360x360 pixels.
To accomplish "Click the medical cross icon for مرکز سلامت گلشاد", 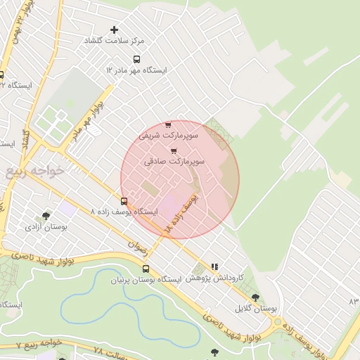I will pyautogui.click(x=115, y=30).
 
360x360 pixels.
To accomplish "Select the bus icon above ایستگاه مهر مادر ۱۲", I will pyautogui.click(x=136, y=60).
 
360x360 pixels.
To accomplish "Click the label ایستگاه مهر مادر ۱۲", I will pyautogui.click(x=136, y=70).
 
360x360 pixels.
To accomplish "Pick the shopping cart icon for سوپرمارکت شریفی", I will pyautogui.click(x=167, y=124).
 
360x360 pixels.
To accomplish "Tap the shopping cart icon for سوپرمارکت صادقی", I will pyautogui.click(x=174, y=151).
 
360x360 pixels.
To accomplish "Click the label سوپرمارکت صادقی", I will pyautogui.click(x=174, y=161).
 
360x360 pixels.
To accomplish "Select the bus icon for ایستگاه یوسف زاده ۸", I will pyautogui.click(x=124, y=201).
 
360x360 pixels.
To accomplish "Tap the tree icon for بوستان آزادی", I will pyautogui.click(x=46, y=217).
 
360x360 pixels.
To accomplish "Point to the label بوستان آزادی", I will pyautogui.click(x=46, y=227).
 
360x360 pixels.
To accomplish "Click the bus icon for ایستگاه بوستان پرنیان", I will pyautogui.click(x=146, y=269).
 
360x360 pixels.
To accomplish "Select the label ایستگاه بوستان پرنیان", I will pyautogui.click(x=146, y=279).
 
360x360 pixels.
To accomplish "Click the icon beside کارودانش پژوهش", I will pyautogui.click(x=214, y=267).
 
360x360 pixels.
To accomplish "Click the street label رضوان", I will pyautogui.click(x=136, y=245).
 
